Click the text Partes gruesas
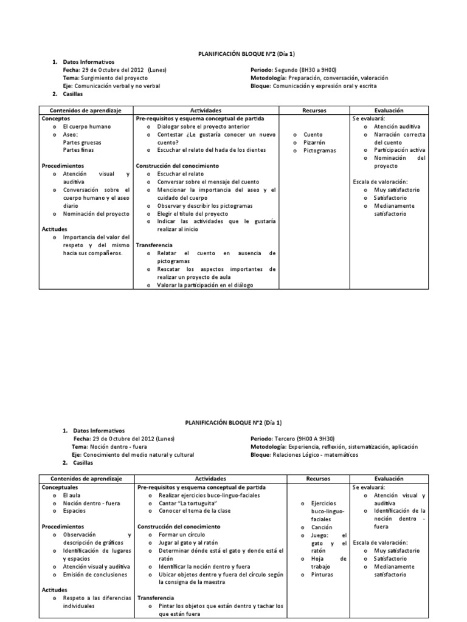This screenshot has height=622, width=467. click(83, 142)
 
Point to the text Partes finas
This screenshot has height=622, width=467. click(79, 150)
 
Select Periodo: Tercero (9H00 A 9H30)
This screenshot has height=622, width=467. click(292, 438)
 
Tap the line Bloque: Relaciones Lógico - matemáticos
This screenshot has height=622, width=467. click(304, 454)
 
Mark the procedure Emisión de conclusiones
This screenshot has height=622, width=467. click(95, 574)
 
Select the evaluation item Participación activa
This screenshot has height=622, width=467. click(400, 150)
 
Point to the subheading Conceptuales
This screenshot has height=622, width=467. click(60, 487)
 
